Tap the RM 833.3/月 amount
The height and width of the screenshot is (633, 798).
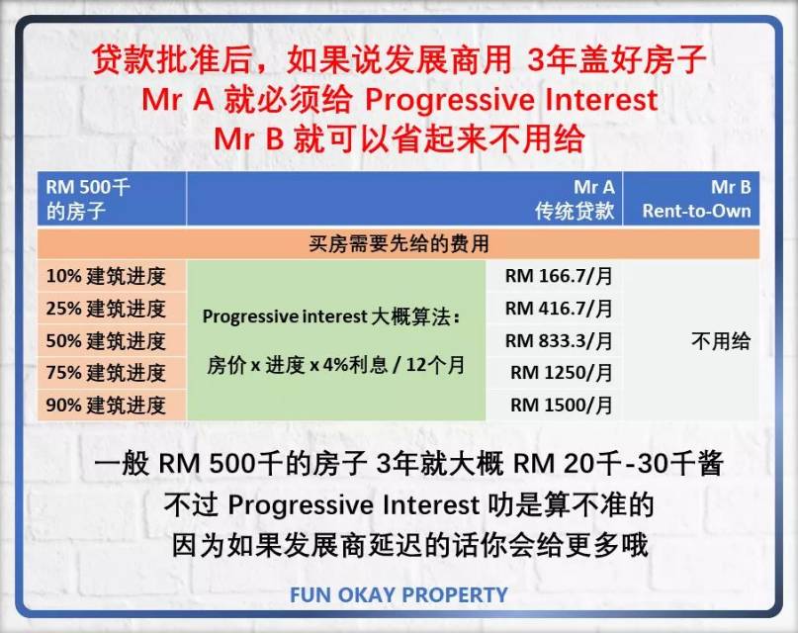(559, 341)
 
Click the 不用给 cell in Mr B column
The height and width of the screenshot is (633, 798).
(721, 341)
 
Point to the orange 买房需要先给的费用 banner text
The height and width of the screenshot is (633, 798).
(399, 243)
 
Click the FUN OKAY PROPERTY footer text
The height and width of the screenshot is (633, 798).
(399, 594)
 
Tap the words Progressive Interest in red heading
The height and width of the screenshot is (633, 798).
(511, 99)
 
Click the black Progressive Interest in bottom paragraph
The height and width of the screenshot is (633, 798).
(354, 505)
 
